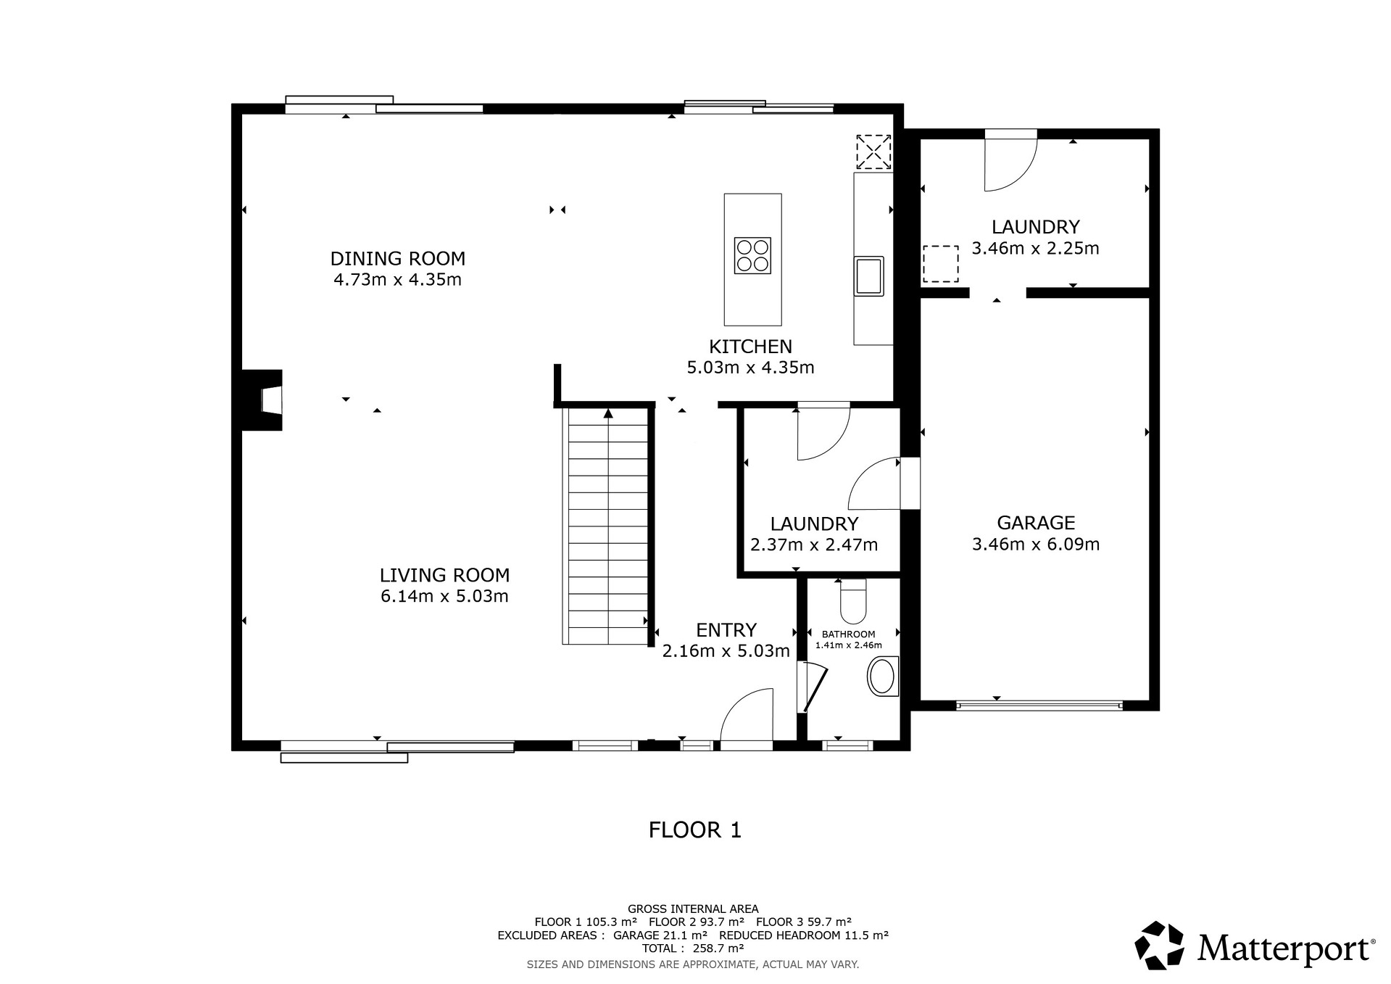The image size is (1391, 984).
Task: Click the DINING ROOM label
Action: point(397,258)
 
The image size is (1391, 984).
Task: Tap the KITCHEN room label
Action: point(750,346)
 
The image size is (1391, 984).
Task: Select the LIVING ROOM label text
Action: point(444,575)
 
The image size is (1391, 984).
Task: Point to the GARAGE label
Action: point(1036,522)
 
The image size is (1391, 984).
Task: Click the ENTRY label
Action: point(726,629)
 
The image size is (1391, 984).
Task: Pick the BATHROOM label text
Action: point(848,634)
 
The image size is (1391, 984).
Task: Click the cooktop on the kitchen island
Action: point(752,255)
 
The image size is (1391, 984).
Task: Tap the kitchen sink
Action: point(869,276)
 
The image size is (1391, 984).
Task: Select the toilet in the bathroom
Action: point(852,601)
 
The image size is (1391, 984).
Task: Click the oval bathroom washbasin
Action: point(882,677)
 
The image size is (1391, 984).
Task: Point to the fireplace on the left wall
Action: point(262,400)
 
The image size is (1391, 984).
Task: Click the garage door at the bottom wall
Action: point(1039,704)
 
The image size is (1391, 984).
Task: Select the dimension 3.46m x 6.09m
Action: point(1036,544)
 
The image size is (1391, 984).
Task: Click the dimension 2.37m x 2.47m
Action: point(814,545)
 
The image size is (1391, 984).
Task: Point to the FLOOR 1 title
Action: point(695,830)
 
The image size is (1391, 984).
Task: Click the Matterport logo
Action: point(1255,946)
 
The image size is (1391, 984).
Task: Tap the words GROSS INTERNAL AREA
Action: point(693,909)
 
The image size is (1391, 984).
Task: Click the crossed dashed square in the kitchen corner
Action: point(873,152)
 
